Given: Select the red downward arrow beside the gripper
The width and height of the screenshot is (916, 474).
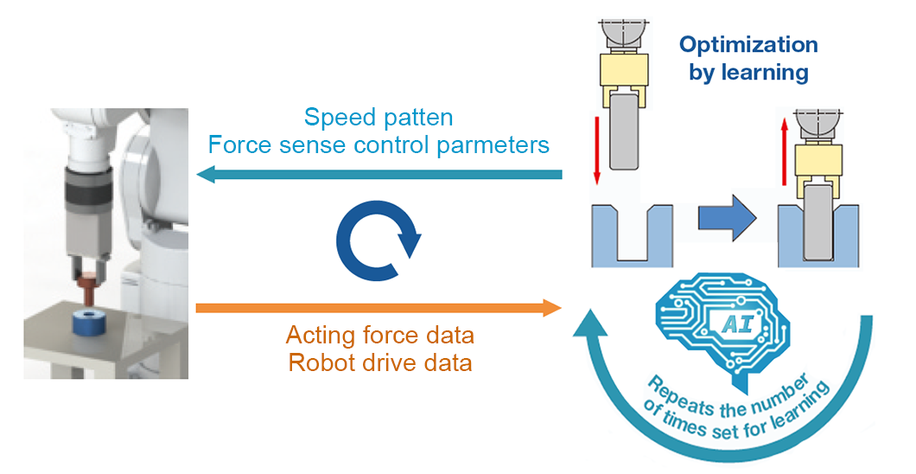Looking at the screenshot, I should [x=595, y=139].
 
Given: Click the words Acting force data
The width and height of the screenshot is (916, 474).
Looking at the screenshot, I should [x=379, y=335].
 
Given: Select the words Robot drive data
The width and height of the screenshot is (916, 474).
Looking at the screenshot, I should [x=379, y=362].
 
